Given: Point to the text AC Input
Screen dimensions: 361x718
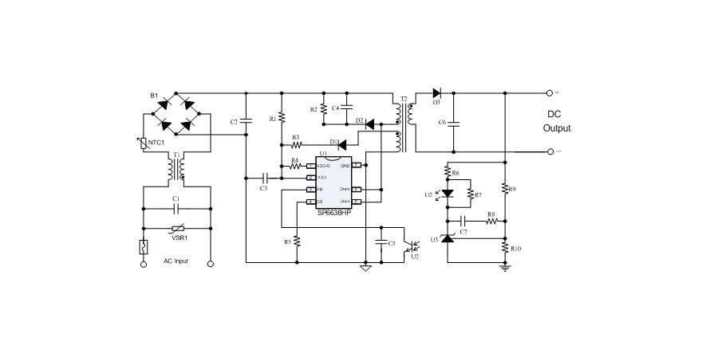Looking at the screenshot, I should (x=176, y=261).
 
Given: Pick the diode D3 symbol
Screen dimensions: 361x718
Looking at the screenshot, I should (x=436, y=93).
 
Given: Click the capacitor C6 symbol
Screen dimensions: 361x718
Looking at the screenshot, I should (x=454, y=123).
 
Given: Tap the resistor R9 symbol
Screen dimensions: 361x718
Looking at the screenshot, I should (x=505, y=189).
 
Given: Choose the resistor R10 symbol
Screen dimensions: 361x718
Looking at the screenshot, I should (x=505, y=248).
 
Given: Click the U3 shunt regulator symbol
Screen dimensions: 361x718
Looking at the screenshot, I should (x=447, y=238).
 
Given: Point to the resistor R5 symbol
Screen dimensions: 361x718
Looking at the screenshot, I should (x=297, y=241).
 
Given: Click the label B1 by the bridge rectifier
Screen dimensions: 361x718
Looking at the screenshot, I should (x=155, y=96).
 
